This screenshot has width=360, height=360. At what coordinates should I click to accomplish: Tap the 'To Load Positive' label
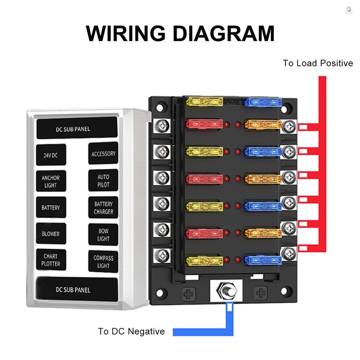coord(318,63)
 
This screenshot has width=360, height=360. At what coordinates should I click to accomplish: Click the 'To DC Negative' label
coord(131,331)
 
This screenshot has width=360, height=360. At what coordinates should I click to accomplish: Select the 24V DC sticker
coord(51,155)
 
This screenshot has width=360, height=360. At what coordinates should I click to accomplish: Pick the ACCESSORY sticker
coord(103,153)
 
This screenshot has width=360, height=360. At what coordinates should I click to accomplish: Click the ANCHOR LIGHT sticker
coord(51,181)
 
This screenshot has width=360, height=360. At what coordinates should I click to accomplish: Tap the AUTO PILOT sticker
coord(103,180)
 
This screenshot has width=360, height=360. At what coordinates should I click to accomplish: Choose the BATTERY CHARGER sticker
coord(103,207)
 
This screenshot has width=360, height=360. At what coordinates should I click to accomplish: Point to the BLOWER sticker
coord(51,234)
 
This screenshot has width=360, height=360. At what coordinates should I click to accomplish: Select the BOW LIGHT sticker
coord(103,234)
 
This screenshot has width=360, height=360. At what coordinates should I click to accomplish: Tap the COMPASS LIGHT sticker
coord(103,262)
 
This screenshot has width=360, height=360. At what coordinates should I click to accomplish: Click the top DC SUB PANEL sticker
coord(77,128)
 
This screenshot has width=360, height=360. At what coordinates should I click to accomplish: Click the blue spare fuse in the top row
coord(263,102)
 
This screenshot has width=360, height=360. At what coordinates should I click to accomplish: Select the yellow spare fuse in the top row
coord(205,102)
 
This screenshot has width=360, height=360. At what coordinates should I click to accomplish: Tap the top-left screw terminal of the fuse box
coord(162,126)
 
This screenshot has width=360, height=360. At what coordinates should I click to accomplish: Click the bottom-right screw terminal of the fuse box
coord(289,253)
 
